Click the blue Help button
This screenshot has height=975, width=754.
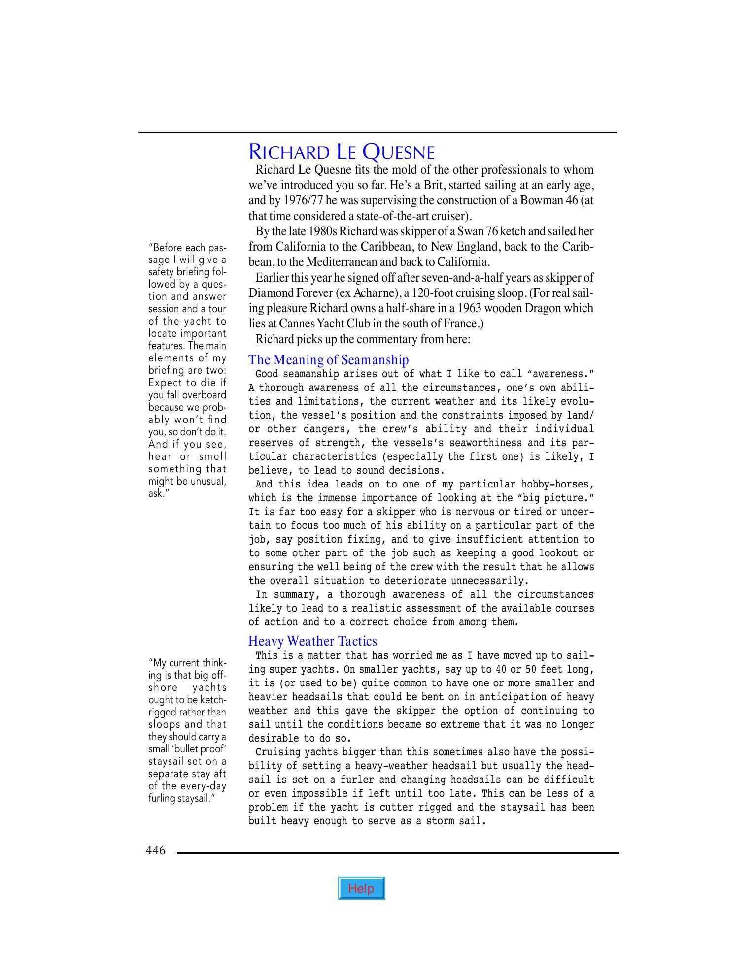[x=361, y=888]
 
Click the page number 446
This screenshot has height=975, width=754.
[x=155, y=850]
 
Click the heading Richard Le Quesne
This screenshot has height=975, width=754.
[x=342, y=152]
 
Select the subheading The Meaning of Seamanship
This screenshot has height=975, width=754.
[x=328, y=360]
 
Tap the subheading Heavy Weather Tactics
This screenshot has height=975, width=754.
[x=312, y=641]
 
